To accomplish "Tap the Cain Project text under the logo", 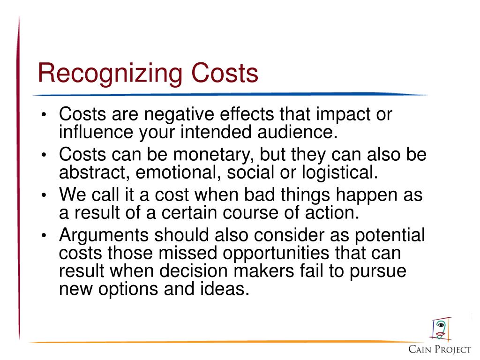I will coord(440,349).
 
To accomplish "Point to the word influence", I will coord(95,132).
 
